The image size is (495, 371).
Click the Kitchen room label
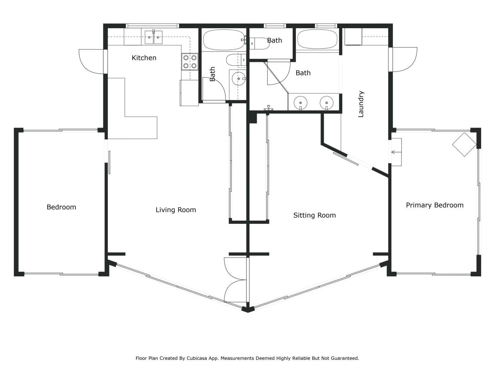click(x=144, y=58)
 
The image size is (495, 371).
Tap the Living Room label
click(x=176, y=210)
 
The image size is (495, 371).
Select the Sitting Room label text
click(x=314, y=215)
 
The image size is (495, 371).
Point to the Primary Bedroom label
click(x=434, y=205)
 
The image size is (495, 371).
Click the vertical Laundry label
click(x=361, y=104)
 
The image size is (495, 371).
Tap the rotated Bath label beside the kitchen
click(x=212, y=74)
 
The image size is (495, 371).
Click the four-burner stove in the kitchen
click(x=190, y=62)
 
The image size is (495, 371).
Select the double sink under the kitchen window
click(x=154, y=37)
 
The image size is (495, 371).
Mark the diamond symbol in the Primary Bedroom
click(x=464, y=144)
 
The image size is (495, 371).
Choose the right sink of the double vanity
click(x=326, y=103)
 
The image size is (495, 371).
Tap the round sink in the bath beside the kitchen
click(x=239, y=79)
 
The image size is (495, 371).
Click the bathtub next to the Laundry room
click(x=317, y=39)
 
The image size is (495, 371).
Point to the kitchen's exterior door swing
click(x=90, y=61)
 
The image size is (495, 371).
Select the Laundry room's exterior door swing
click(x=405, y=60)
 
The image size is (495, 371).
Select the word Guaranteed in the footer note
click(x=343, y=358)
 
